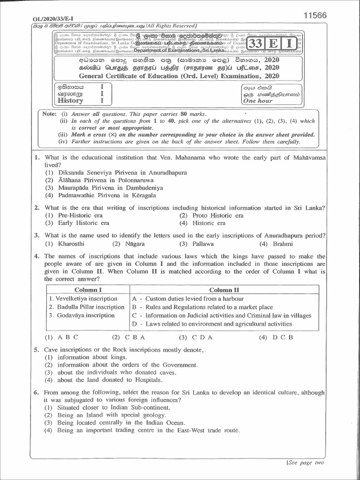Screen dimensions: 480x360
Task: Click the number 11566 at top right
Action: pos(315,15)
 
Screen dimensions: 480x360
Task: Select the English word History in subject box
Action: pos(70,100)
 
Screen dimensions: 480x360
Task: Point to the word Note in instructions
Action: pos(49,114)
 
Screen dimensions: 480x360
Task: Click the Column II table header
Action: pos(224,290)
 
